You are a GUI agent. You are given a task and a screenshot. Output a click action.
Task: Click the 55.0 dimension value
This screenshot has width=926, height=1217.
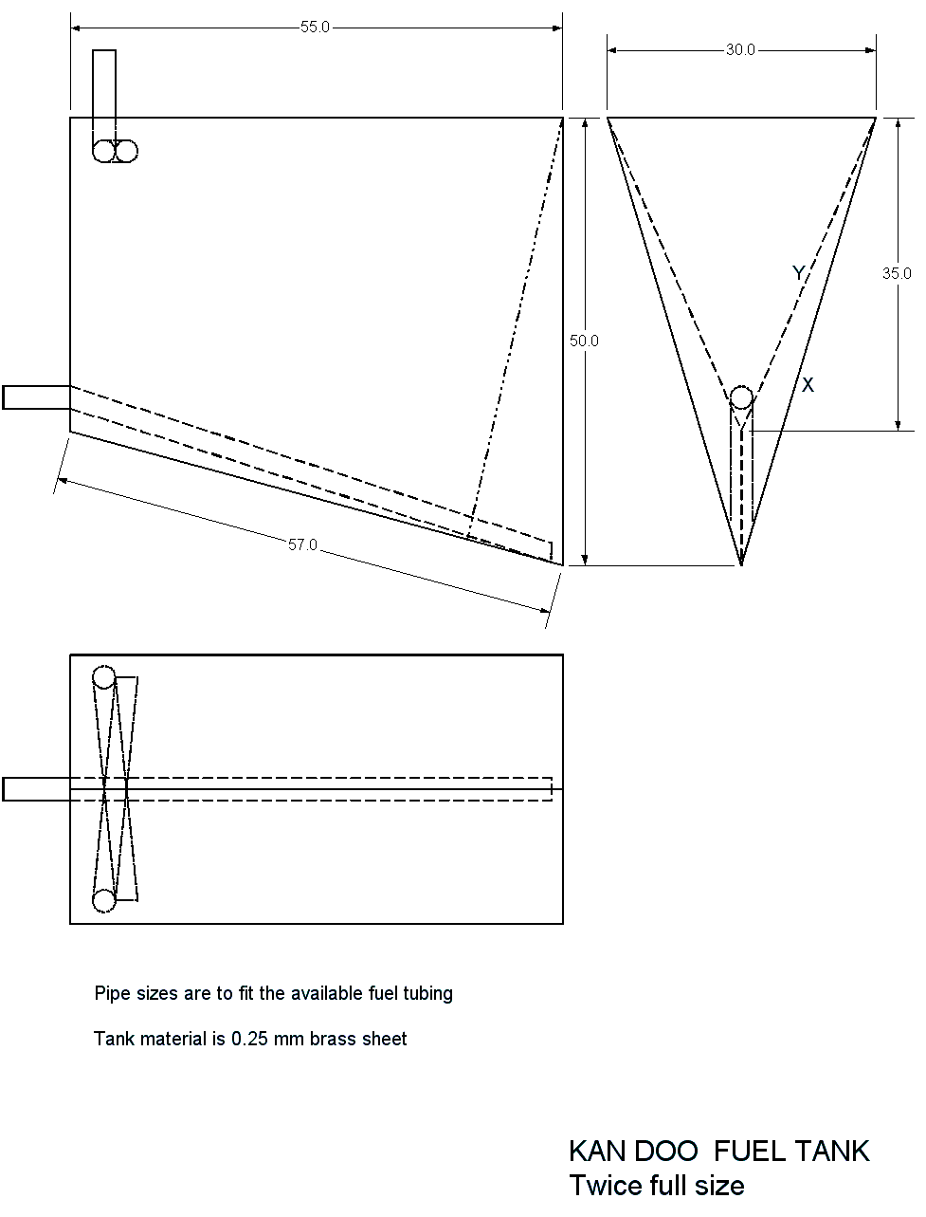pyautogui.click(x=315, y=28)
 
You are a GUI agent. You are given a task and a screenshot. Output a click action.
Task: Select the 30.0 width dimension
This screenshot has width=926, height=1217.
pyautogui.click(x=740, y=50)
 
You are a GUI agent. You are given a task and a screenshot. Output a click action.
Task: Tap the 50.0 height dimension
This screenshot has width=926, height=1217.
pyautogui.click(x=584, y=341)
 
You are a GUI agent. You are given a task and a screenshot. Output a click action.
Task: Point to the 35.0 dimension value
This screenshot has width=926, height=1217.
pyautogui.click(x=896, y=273)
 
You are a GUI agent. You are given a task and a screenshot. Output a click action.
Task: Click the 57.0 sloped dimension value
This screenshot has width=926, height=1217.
pyautogui.click(x=302, y=544)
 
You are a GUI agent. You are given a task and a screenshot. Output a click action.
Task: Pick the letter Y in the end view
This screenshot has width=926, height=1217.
pyautogui.click(x=798, y=273)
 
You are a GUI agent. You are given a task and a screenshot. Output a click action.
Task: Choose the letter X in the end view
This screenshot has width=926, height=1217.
pyautogui.click(x=808, y=385)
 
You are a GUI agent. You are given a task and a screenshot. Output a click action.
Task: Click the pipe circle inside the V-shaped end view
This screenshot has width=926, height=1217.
pyautogui.click(x=741, y=397)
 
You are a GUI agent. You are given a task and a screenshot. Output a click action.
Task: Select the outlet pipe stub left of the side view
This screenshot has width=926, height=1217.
pyautogui.click(x=37, y=397)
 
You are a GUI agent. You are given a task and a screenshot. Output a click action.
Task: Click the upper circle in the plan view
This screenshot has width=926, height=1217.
pyautogui.click(x=103, y=677)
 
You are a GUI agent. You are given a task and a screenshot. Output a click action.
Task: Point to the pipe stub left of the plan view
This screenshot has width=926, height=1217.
pyautogui.click(x=37, y=789)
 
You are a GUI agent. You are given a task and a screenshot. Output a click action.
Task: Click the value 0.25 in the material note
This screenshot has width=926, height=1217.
pyautogui.click(x=249, y=1039)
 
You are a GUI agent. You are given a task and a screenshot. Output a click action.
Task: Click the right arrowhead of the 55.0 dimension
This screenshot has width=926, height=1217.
pyautogui.click(x=557, y=28)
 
